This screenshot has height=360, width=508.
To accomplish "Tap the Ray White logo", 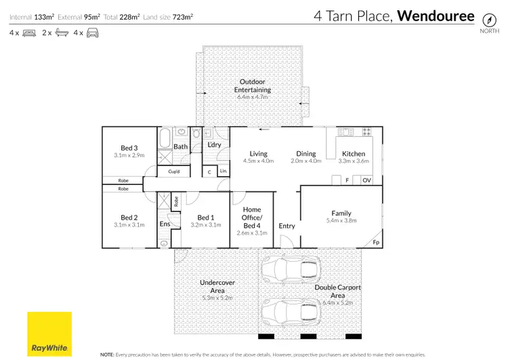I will coord(49,333).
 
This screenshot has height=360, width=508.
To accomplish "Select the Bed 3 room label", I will coord(129,148).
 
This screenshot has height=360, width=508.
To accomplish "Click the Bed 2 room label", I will coord(129,217).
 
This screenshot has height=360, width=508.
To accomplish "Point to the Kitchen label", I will coord(354,154).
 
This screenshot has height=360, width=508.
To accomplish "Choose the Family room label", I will coord(341,213).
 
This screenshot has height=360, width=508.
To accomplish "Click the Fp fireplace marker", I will coord(376,243).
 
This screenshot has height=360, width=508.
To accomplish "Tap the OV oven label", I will coord(366,180).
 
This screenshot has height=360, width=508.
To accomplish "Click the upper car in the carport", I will coord(291,269).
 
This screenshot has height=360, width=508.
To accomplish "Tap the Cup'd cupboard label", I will coord(174,172).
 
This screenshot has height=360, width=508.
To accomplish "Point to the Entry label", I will coord(287,226).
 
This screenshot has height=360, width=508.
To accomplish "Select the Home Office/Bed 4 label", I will coord(252,218).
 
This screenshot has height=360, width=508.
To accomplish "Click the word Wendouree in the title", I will coord(435,16).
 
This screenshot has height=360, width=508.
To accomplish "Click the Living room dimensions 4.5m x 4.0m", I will coord(258,161).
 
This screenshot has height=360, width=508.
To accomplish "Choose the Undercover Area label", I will coord(217,286).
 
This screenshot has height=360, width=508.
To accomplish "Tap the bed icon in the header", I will coord(29,33).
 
